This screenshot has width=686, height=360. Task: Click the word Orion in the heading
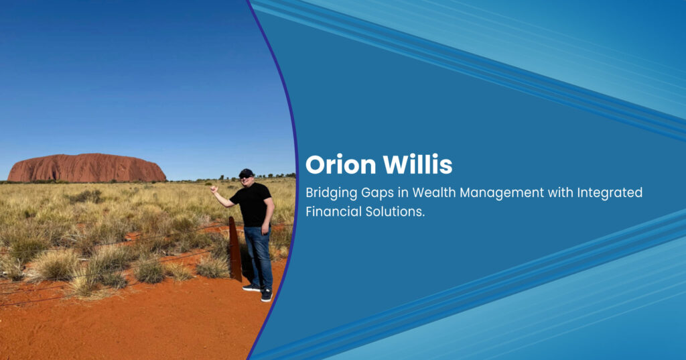pyautogui.click(x=340, y=165)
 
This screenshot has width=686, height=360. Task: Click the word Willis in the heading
pyautogui.click(x=418, y=164)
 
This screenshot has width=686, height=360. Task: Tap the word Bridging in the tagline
pyautogui.click(x=331, y=193)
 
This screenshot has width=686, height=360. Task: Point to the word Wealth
pyautogui.click(x=433, y=192)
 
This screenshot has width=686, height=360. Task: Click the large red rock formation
pyautogui.click(x=86, y=168)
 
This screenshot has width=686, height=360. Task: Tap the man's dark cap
pyautogui.click(x=247, y=172)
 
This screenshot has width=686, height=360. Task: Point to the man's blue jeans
pyautogui.click(x=258, y=257)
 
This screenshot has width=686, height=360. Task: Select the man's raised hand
pyautogui.click(x=214, y=189)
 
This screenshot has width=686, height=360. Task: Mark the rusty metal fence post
pyautogui.click(x=235, y=249)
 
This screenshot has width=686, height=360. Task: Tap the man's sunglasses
pyautogui.click(x=245, y=176)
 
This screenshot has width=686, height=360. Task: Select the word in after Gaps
pyautogui.click(x=403, y=192)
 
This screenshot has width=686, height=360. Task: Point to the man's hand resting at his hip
pyautogui.click(x=265, y=228)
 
